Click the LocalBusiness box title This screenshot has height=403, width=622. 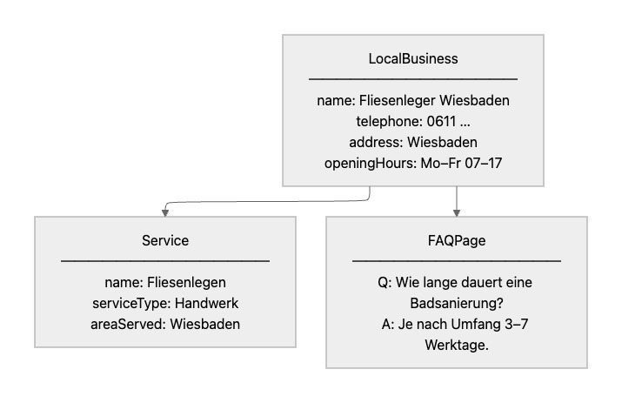click(x=413, y=59)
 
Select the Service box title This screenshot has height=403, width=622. click(x=165, y=240)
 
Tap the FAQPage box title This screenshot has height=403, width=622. click(x=456, y=240)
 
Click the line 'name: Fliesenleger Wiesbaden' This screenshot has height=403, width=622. click(x=413, y=101)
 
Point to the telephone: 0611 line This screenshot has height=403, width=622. click(x=413, y=122)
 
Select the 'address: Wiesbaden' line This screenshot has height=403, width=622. click(x=413, y=143)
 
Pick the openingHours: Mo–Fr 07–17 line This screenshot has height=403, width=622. click(x=413, y=164)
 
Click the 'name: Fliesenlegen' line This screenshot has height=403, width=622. click(x=165, y=282)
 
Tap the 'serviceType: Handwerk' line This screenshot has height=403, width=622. click(x=165, y=303)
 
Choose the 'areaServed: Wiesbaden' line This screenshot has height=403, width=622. click(x=165, y=324)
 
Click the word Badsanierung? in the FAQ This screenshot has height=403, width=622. click(x=457, y=303)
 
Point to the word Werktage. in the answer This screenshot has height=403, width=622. click(x=457, y=345)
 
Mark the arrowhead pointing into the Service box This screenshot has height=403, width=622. click(x=165, y=212)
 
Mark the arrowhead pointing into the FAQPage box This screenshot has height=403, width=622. click(x=457, y=212)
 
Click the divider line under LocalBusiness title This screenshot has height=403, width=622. click(x=413, y=79)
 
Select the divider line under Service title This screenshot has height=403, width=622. click(x=165, y=260)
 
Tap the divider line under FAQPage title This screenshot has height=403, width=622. click(x=457, y=260)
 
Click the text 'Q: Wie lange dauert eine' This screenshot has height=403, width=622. click(x=457, y=282)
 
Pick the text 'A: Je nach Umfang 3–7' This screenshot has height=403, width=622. click(x=457, y=324)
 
